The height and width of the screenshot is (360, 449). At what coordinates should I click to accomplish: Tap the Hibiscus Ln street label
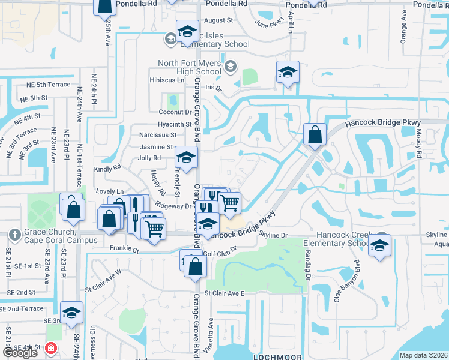click(x=167, y=80)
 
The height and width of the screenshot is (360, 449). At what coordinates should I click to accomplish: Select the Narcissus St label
click(x=158, y=135)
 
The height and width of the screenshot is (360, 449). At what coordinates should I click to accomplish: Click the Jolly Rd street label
click(x=149, y=158)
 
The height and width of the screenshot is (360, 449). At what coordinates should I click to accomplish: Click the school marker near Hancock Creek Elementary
click(x=379, y=245)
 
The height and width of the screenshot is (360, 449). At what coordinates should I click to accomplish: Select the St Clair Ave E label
click(x=225, y=293)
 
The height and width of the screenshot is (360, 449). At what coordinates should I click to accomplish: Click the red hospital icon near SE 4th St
click(x=52, y=347)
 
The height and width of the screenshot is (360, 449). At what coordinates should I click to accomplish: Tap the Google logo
click(x=20, y=353)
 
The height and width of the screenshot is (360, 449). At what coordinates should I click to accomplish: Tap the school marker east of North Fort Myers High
click(x=287, y=73)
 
